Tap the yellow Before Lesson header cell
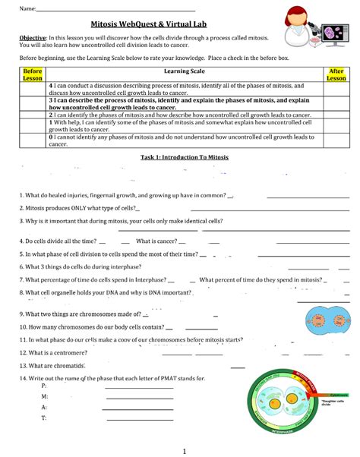(x=32, y=74)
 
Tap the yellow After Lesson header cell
(x=336, y=74)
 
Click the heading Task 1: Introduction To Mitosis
(x=179, y=156)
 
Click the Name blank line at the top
(x=114, y=9)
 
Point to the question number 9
(x=22, y=313)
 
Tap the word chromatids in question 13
(x=68, y=365)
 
